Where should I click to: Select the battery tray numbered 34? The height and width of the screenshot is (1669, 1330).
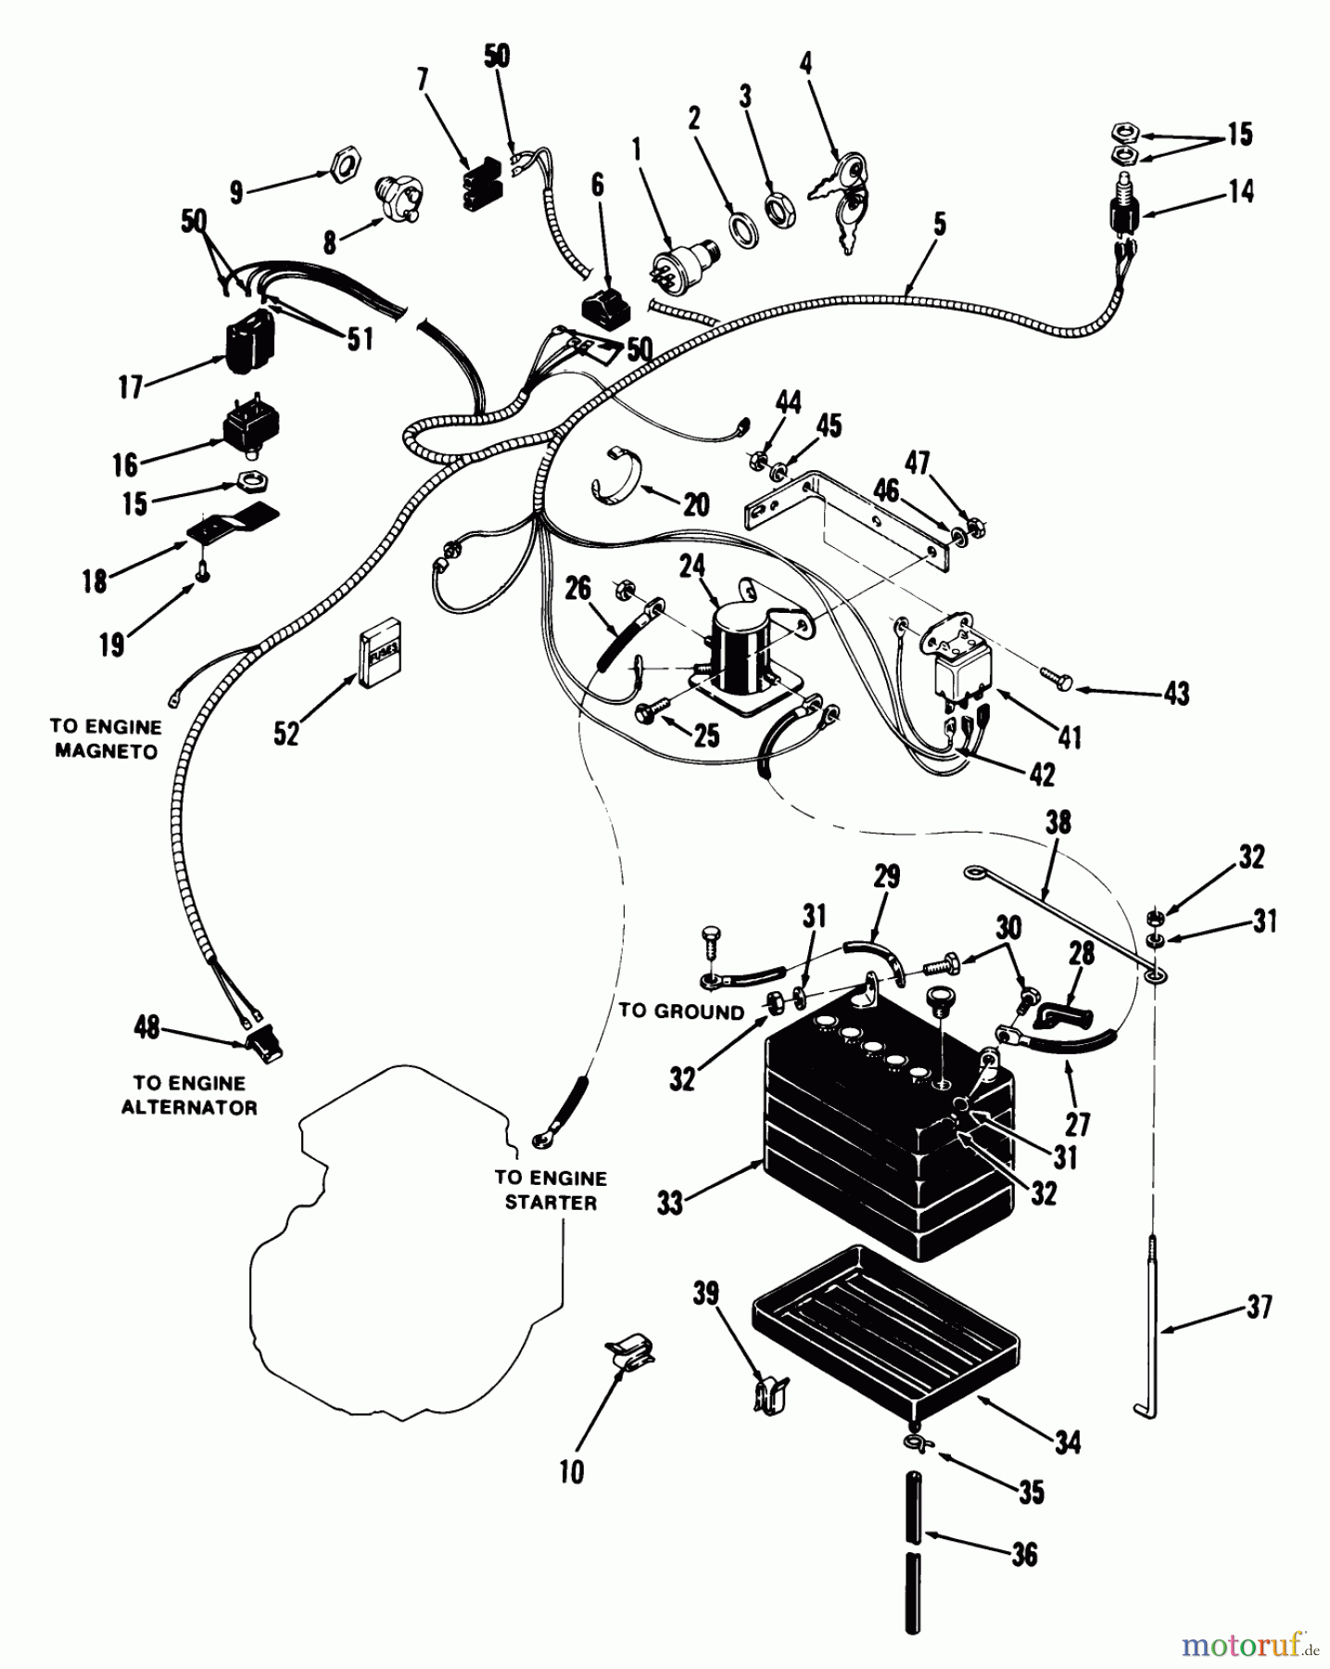(885, 1331)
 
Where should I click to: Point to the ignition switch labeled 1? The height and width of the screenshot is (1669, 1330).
(685, 265)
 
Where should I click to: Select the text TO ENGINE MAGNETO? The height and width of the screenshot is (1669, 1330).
(108, 739)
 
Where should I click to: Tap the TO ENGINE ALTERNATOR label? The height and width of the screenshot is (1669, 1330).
(189, 1095)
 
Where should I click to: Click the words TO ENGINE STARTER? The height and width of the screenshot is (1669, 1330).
(551, 1190)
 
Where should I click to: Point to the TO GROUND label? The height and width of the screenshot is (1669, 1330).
(681, 1011)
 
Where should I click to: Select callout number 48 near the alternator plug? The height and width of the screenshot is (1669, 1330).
(147, 1027)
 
